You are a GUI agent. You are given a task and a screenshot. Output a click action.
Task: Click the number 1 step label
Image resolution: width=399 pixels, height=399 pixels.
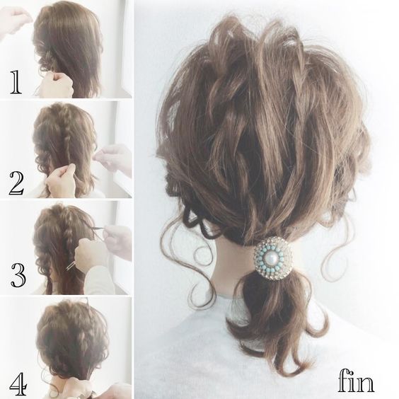click(x=16, y=82)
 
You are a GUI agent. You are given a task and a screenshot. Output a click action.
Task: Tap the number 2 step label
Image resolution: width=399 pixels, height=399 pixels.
click(x=17, y=183)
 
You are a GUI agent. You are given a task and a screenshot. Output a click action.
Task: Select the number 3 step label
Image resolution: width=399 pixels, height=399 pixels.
click(x=18, y=275)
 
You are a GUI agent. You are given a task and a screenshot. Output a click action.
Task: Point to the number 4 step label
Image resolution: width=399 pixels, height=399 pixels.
click(x=18, y=384)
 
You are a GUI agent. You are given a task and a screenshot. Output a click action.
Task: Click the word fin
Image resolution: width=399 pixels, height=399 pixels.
click(x=356, y=380)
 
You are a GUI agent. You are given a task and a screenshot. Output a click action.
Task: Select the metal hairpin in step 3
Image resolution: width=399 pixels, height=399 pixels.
click(x=71, y=265)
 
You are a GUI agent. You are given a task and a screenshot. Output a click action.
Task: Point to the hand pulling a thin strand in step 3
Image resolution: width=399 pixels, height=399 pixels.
click(x=117, y=241)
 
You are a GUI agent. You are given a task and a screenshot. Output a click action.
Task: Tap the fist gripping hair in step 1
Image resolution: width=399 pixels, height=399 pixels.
click(x=57, y=84)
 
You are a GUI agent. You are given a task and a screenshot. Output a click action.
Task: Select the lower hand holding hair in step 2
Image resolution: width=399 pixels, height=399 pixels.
click(x=61, y=180)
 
